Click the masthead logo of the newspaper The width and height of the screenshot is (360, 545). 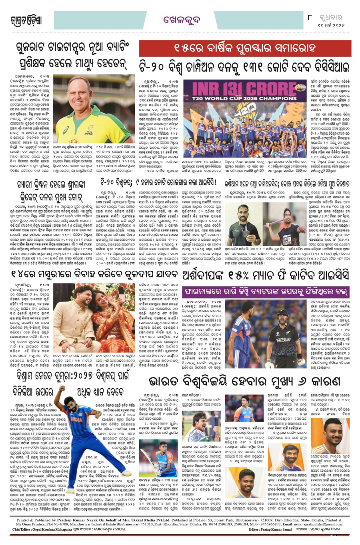point(26,20)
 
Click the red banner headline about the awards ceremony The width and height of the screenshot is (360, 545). point(244,49)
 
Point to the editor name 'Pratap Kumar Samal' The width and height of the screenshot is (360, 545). point(272,529)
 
